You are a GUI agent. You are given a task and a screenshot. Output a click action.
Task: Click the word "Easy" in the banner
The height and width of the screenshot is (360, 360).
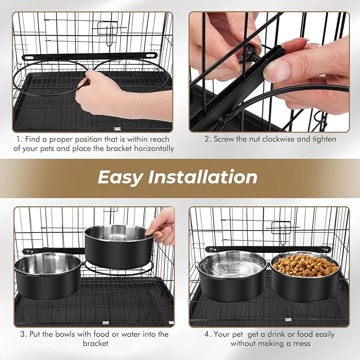pos(119,177)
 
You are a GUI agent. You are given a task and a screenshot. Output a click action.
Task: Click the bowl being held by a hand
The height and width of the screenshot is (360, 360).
pos(118,246)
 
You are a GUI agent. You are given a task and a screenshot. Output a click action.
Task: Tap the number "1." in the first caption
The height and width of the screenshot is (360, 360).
pos(17,139)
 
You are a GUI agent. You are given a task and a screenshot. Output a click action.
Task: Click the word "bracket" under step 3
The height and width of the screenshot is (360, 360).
pos(94,344)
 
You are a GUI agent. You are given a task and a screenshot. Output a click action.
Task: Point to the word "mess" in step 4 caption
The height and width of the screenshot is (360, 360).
pos(300,344)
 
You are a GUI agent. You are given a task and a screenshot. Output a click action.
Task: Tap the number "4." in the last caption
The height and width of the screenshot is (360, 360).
pos(208,334)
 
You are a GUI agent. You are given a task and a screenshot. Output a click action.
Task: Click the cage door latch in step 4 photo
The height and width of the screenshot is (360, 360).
pos(281,229)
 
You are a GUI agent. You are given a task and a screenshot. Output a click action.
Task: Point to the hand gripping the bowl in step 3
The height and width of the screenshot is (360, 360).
pos(162,225)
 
